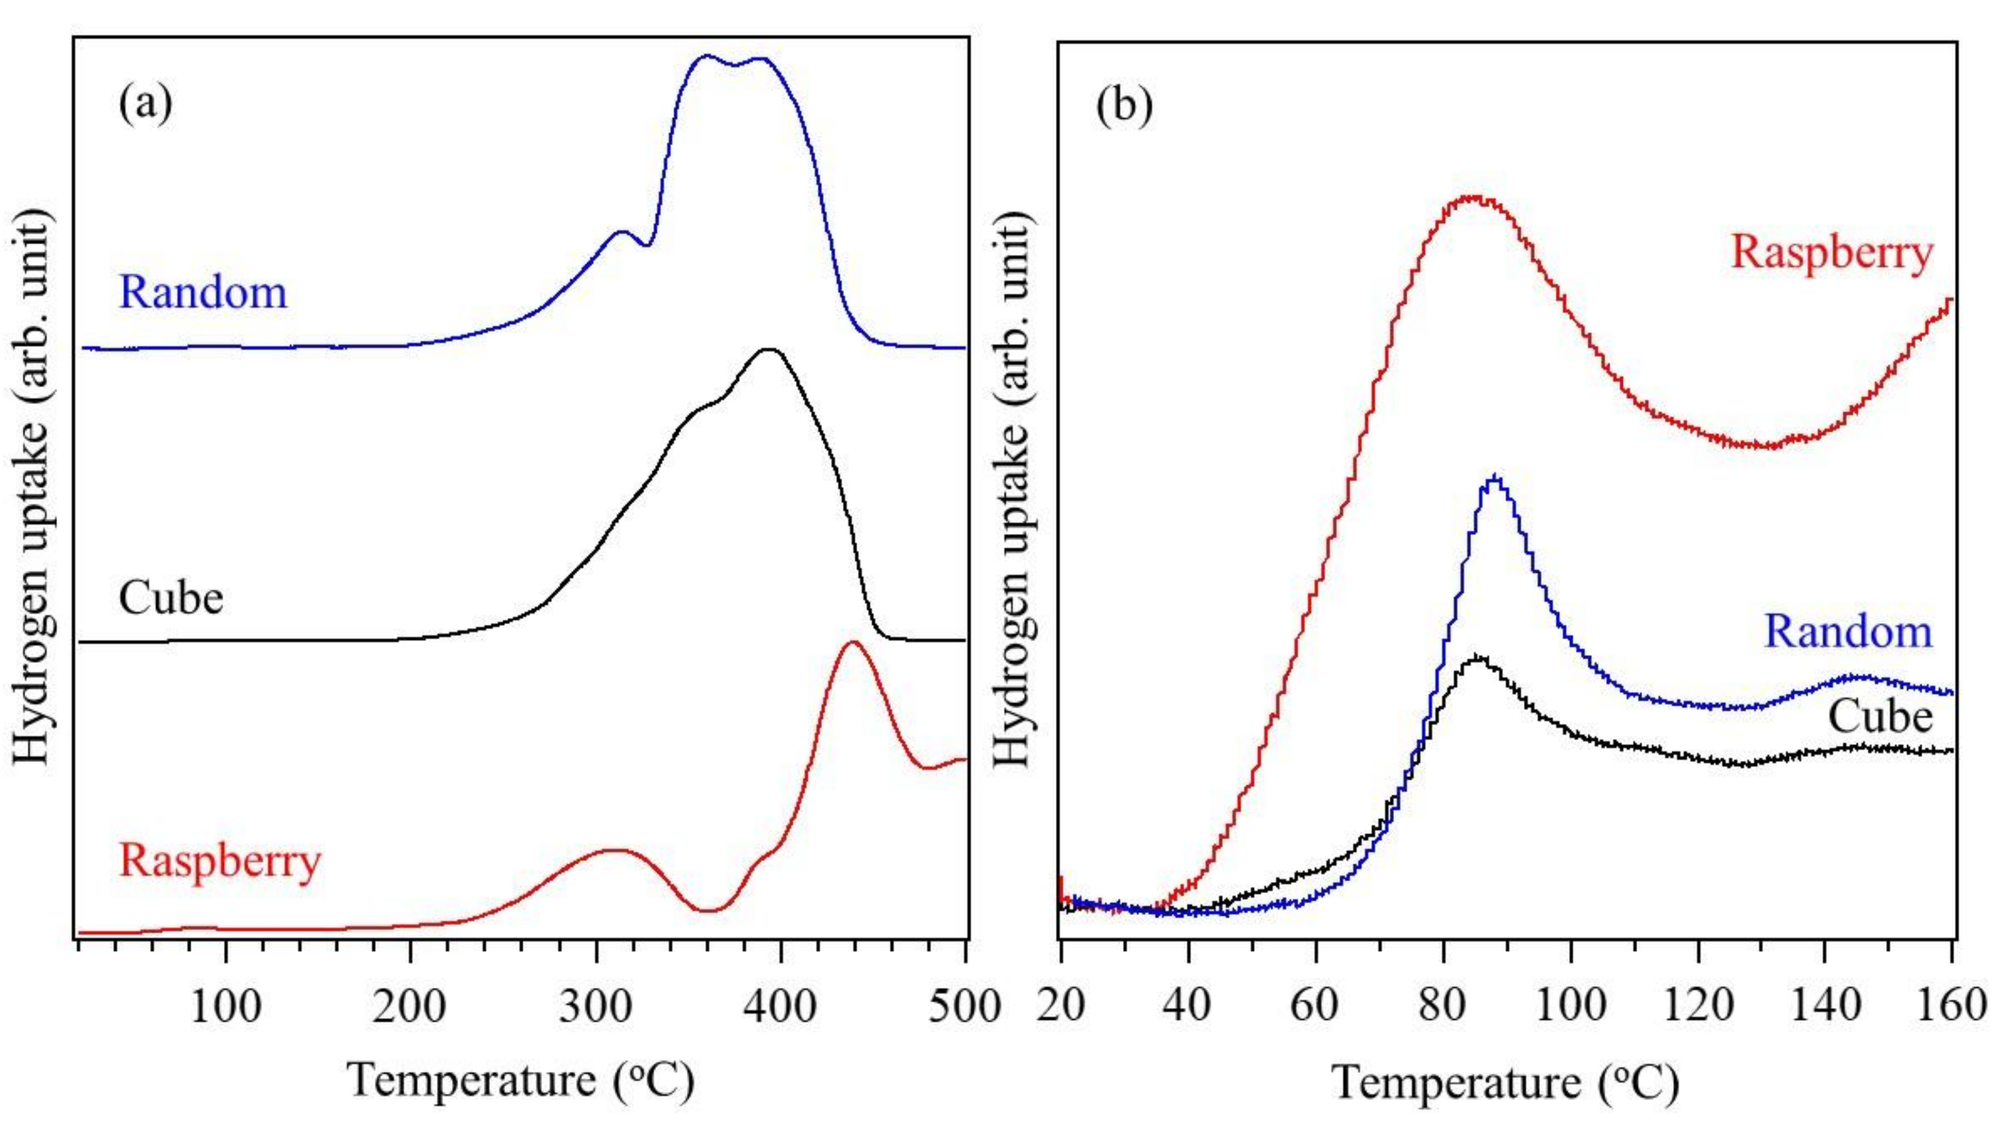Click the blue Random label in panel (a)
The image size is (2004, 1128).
click(x=202, y=294)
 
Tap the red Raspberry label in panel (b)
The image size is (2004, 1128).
click(x=1831, y=253)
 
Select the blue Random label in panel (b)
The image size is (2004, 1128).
click(x=1848, y=631)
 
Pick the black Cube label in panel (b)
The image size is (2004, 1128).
click(x=1880, y=716)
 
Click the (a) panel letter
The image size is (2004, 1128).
click(x=145, y=104)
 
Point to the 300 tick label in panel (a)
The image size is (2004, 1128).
click(x=595, y=1006)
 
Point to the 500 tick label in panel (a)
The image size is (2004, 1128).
click(x=964, y=1006)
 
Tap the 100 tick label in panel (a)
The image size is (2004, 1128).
click(x=226, y=1006)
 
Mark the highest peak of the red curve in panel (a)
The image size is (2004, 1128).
click(x=853, y=642)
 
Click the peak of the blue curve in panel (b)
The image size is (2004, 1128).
click(x=1494, y=477)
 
